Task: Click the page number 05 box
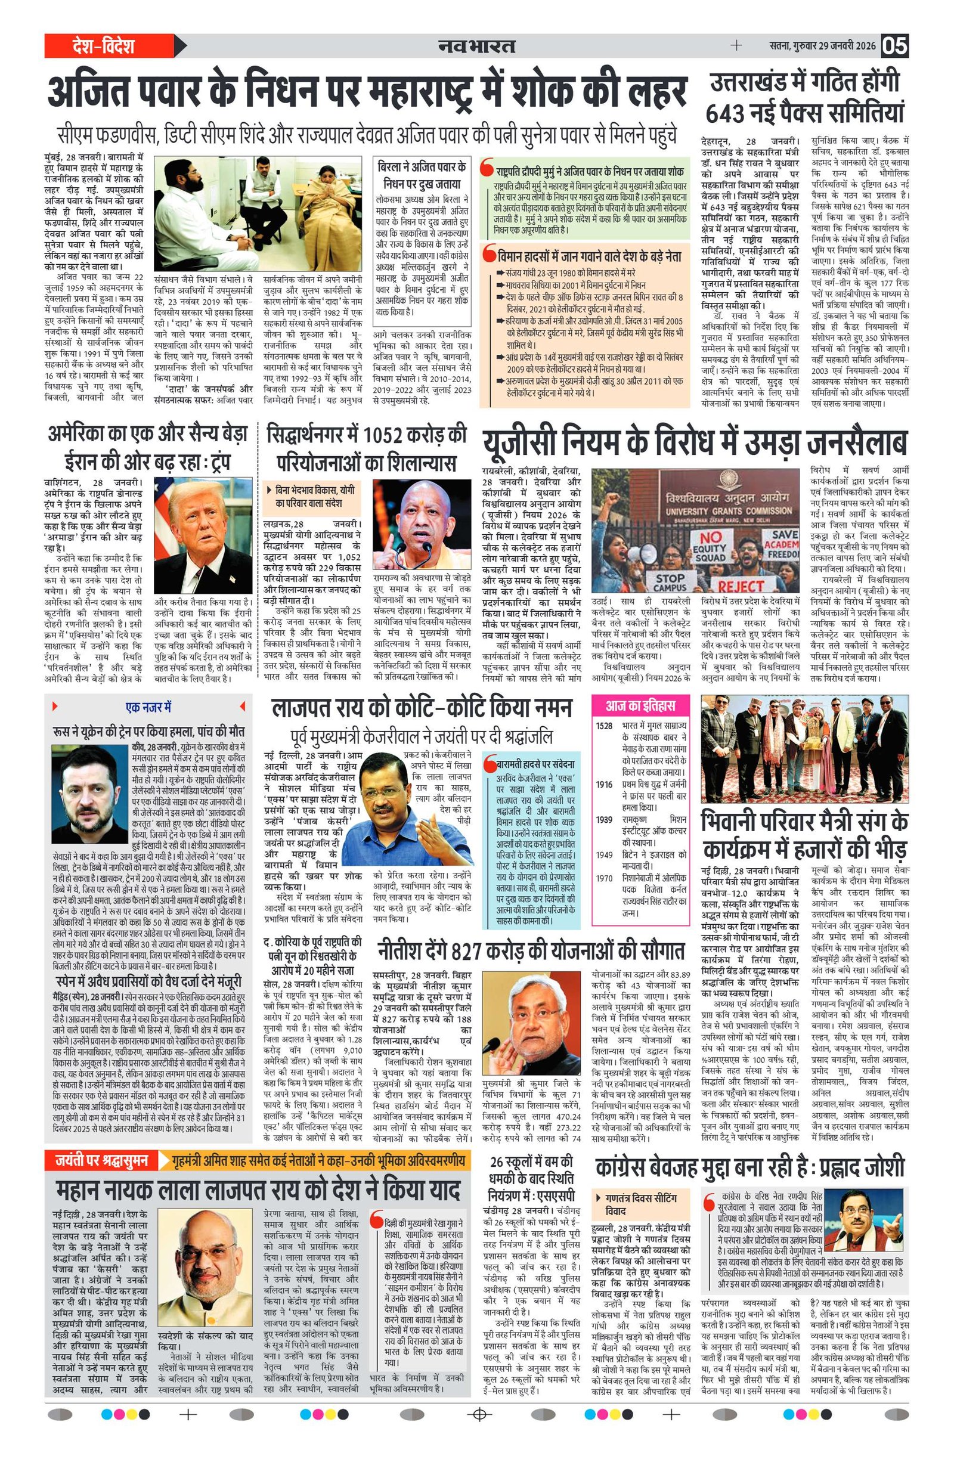(x=894, y=46)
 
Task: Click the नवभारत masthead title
(x=476, y=46)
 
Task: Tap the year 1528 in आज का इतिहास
(x=604, y=725)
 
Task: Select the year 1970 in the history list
(x=604, y=878)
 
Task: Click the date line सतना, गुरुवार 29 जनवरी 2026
(x=822, y=46)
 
